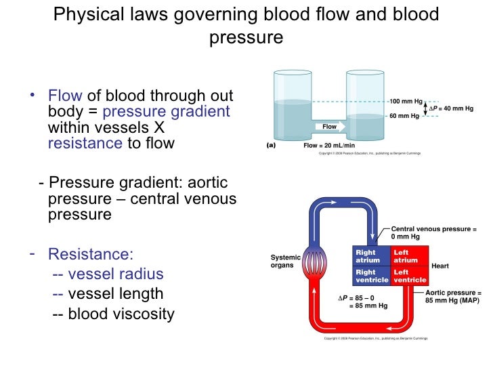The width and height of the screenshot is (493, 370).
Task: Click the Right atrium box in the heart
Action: (371, 256)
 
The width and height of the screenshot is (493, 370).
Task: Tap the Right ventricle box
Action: (371, 276)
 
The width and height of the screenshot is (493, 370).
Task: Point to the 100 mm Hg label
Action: (405, 101)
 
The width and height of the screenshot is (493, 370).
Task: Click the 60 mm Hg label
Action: (404, 116)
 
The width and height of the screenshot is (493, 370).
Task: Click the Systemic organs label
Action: (287, 261)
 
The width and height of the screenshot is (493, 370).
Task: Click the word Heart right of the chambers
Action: (441, 266)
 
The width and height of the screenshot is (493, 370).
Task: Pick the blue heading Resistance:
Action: (91, 255)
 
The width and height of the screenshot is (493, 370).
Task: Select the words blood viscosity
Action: (121, 314)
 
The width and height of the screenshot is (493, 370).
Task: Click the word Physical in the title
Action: (86, 14)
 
